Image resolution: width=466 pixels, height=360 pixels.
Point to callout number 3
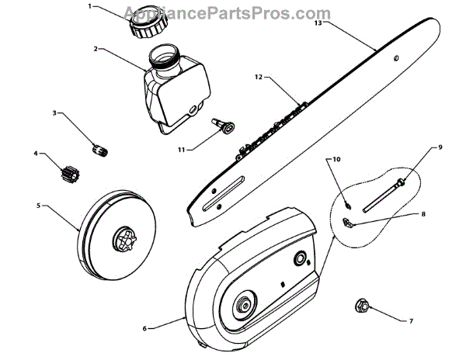pos(54,113)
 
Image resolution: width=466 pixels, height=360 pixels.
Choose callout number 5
pos(39,206)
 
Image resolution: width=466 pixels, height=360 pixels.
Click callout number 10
pos(337,159)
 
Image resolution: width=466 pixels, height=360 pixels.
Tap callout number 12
pos(259,77)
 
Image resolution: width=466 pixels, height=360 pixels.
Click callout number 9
pos(440,147)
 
